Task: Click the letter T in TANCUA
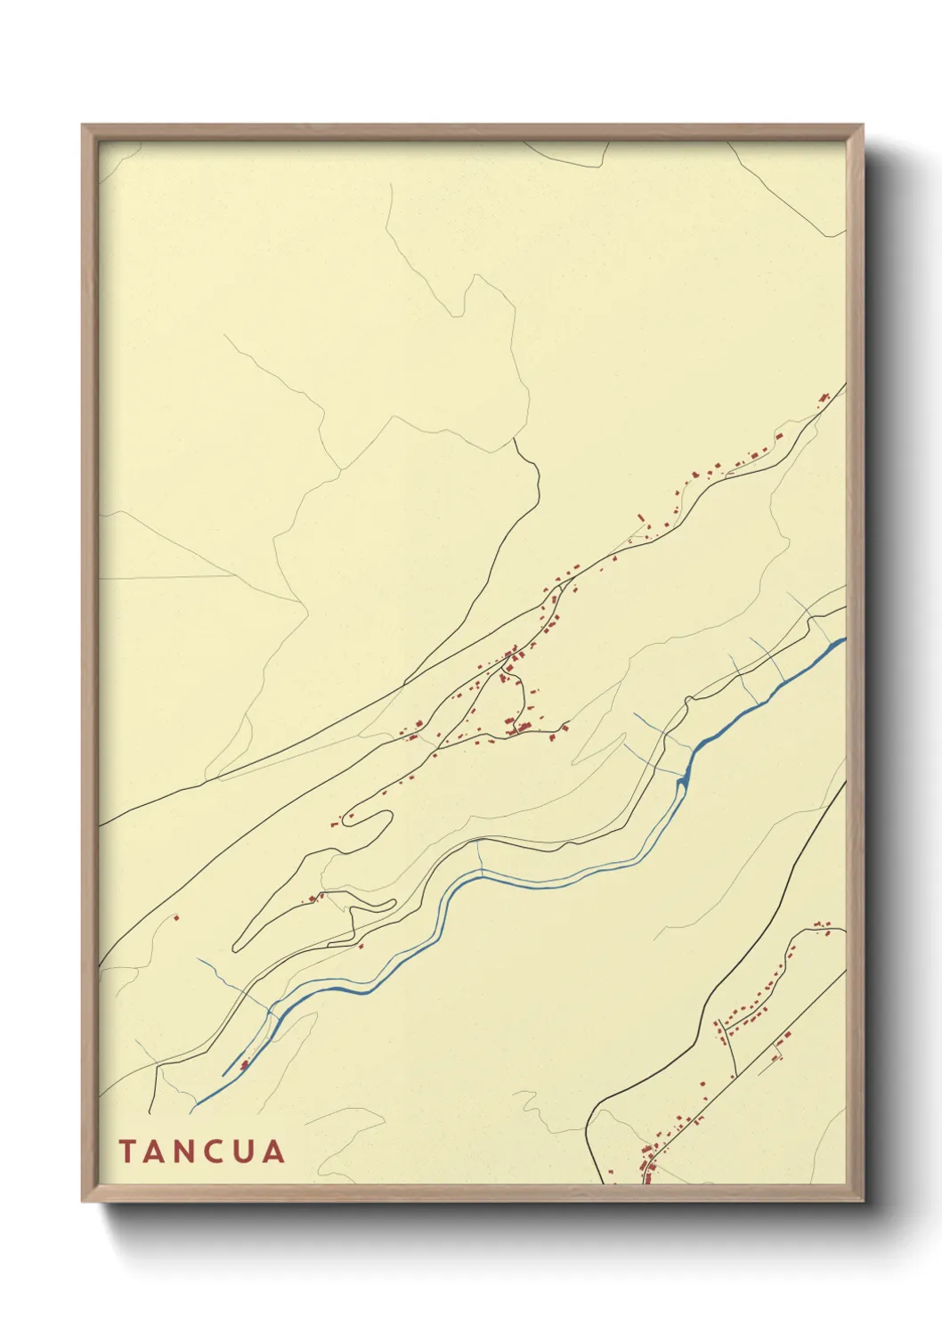pyautogui.click(x=126, y=1151)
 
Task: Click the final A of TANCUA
pyautogui.click(x=275, y=1151)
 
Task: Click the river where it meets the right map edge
pyautogui.click(x=842, y=639)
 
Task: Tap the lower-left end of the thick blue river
pyautogui.click(x=194, y=1105)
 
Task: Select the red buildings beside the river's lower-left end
pyautogui.click(x=243, y=1064)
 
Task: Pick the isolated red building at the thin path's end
pyautogui.click(x=175, y=916)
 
